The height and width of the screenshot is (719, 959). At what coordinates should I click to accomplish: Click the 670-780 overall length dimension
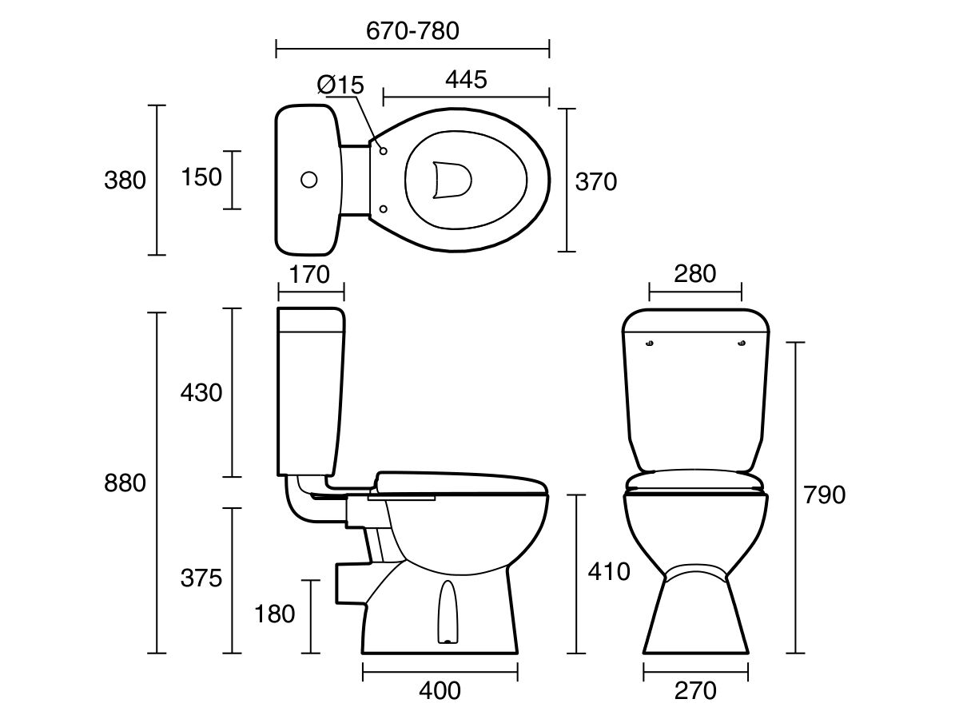[x=412, y=31]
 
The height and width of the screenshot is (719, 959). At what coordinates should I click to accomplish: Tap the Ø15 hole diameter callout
[x=340, y=84]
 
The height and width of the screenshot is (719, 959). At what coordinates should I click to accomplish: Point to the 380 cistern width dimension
[x=125, y=181]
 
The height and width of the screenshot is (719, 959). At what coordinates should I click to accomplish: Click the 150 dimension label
[x=202, y=177]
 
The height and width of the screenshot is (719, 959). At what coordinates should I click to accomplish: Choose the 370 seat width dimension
[x=596, y=182]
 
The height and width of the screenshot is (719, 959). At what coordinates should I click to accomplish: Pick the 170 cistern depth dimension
[x=309, y=275]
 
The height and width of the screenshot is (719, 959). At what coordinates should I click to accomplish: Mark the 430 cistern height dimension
[x=201, y=393]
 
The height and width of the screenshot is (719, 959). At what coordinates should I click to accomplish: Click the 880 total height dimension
[x=125, y=483]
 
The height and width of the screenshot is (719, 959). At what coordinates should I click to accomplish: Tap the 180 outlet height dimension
[x=275, y=614]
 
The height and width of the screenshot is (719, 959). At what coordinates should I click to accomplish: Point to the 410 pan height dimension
[x=608, y=572]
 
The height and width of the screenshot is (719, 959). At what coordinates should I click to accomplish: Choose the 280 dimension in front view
[x=694, y=274]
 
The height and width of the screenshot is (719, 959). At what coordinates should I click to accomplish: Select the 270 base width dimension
[x=695, y=690]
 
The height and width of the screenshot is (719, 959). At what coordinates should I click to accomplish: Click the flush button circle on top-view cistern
[x=308, y=180]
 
